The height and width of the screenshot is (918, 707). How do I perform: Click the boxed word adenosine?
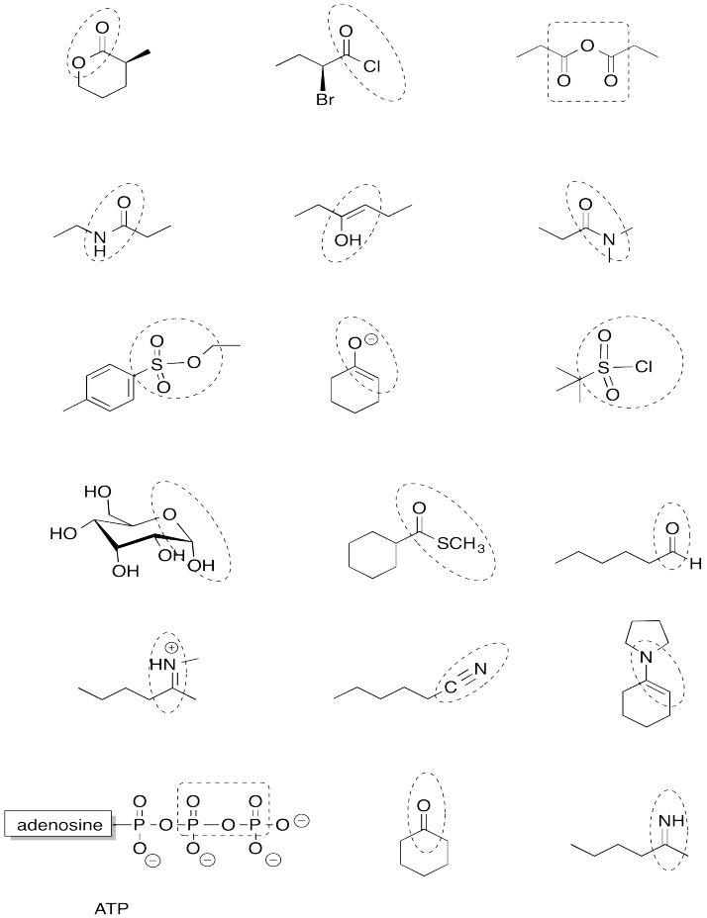[x=57, y=821]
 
